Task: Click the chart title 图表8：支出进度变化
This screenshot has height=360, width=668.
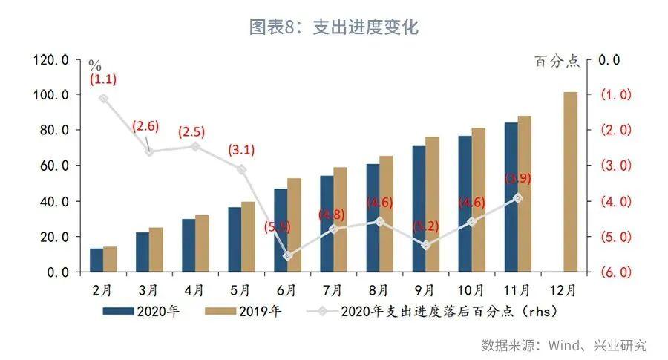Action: click(x=333, y=28)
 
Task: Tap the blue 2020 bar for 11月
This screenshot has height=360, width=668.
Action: click(x=511, y=197)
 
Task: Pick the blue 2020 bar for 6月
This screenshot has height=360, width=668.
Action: click(x=281, y=230)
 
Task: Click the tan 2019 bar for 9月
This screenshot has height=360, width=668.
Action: click(x=432, y=204)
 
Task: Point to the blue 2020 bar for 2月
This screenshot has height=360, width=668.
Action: click(x=96, y=260)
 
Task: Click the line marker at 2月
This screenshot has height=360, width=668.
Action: click(x=104, y=99)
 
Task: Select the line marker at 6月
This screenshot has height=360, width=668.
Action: click(x=288, y=256)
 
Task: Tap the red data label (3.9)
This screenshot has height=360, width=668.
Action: click(x=518, y=179)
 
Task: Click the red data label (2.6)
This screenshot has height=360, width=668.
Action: click(x=145, y=126)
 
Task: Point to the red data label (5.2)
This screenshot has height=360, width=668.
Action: click(x=425, y=225)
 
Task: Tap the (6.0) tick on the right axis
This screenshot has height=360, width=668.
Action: click(x=615, y=272)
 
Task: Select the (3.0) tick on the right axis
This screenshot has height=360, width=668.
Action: click(x=615, y=166)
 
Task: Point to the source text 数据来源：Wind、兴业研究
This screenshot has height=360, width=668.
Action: click(x=563, y=345)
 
